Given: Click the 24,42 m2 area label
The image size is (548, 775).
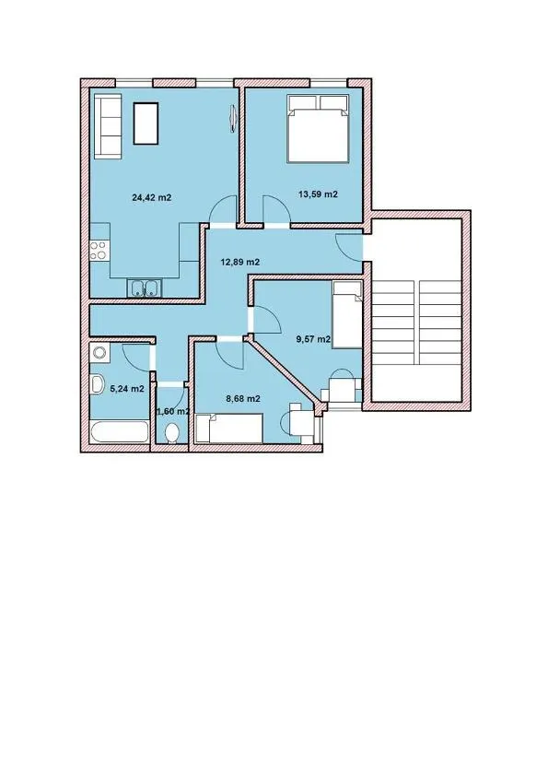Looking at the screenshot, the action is (x=151, y=198).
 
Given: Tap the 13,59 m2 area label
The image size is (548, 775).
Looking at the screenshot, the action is (x=318, y=194).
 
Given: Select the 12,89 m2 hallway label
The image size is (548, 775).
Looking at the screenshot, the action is (x=239, y=262).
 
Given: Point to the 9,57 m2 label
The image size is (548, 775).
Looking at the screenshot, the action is (x=313, y=339).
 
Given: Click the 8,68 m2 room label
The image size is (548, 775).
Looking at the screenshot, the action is (x=243, y=399).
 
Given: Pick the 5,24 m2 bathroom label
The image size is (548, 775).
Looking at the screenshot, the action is (x=127, y=389).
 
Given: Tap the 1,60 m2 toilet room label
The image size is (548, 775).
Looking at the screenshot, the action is (x=172, y=411).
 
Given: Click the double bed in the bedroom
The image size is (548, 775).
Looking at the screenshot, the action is (x=319, y=128).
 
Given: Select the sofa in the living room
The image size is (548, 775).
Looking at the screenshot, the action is (x=108, y=126).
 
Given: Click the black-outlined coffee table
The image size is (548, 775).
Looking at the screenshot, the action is (x=146, y=123).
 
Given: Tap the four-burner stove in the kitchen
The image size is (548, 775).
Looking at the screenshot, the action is (x=99, y=250).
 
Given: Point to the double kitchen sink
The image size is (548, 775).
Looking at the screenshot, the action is (x=145, y=288).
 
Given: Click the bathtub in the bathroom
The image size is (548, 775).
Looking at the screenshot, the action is (x=120, y=432).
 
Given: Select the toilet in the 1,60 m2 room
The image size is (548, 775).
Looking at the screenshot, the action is (x=172, y=433).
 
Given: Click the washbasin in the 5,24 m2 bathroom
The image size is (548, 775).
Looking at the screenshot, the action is (x=97, y=384).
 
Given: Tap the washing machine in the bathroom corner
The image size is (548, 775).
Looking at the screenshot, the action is (x=99, y=353).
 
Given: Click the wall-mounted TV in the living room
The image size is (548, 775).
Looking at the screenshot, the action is (x=233, y=119).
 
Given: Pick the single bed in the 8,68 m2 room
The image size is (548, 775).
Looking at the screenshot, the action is (x=228, y=429).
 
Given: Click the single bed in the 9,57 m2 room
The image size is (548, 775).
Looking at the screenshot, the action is (x=348, y=315).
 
